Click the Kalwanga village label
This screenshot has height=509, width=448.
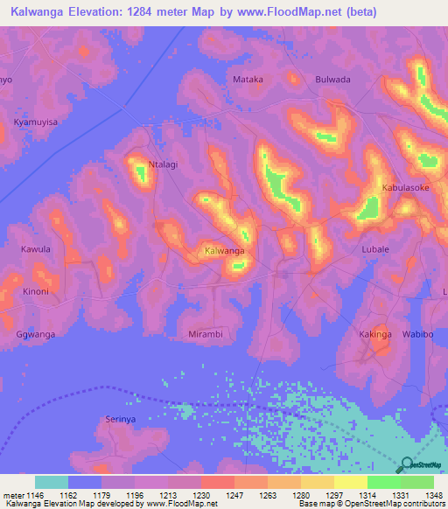(x=224, y=251)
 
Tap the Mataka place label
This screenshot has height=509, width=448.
(x=248, y=80)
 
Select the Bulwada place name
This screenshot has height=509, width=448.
(x=332, y=80)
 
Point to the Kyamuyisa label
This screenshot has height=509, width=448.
(x=36, y=122)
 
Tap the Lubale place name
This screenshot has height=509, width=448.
(x=375, y=249)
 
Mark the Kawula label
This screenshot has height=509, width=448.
(x=36, y=249)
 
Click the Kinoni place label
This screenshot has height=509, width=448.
(x=36, y=291)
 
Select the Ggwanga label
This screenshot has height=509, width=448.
(x=35, y=334)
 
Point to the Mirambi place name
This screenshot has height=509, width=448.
(x=206, y=334)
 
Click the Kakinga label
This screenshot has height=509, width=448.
(x=375, y=334)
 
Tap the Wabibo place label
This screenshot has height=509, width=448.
(x=417, y=334)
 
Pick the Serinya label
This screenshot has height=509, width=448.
(x=121, y=420)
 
